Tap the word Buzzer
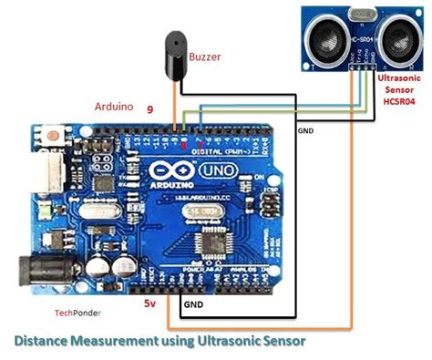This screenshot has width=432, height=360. [206, 57]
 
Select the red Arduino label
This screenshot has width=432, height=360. [114, 106]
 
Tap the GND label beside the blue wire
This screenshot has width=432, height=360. [305, 131]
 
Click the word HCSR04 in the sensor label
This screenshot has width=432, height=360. [398, 101]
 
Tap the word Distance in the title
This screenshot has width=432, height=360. [45, 341]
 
